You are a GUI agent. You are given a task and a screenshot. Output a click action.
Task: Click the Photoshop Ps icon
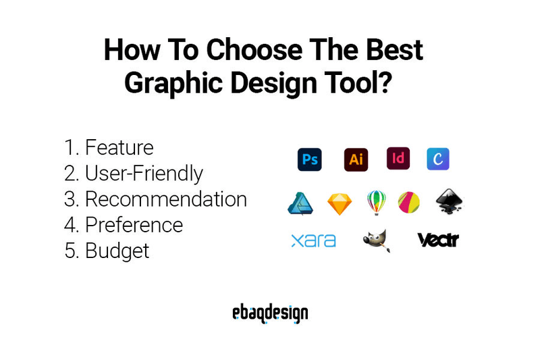pyautogui.click(x=310, y=159)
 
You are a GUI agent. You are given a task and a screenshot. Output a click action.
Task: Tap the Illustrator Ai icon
pyautogui.click(x=355, y=159)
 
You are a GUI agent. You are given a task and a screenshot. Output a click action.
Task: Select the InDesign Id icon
pyautogui.click(x=398, y=159)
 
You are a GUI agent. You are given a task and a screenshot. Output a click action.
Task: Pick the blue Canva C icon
pyautogui.click(x=438, y=159)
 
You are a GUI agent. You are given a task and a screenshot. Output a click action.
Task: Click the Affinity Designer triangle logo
pyautogui.click(x=300, y=203)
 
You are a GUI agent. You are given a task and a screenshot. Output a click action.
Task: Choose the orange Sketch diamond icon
pyautogui.click(x=340, y=203)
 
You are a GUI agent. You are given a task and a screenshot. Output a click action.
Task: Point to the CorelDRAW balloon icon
pyautogui.click(x=376, y=202)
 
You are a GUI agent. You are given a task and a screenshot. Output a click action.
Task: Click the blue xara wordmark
pyautogui.click(x=313, y=240)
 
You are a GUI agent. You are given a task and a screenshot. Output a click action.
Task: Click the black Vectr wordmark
pyautogui.click(x=438, y=240)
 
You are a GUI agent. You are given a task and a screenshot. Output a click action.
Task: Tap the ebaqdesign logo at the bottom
pyautogui.click(x=269, y=313)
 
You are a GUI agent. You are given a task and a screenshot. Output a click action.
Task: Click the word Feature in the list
pyautogui.click(x=119, y=147)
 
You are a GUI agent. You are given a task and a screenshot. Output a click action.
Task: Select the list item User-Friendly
pyautogui.click(x=144, y=174)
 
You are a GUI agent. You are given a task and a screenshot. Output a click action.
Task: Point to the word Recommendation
pyautogui.click(x=165, y=199)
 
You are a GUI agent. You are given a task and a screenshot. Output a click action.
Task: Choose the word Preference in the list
pyautogui.click(x=134, y=225)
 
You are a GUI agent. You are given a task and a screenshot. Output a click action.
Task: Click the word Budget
pyautogui.click(x=117, y=251)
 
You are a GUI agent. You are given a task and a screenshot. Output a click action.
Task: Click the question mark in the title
pyautogui.click(x=387, y=82)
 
